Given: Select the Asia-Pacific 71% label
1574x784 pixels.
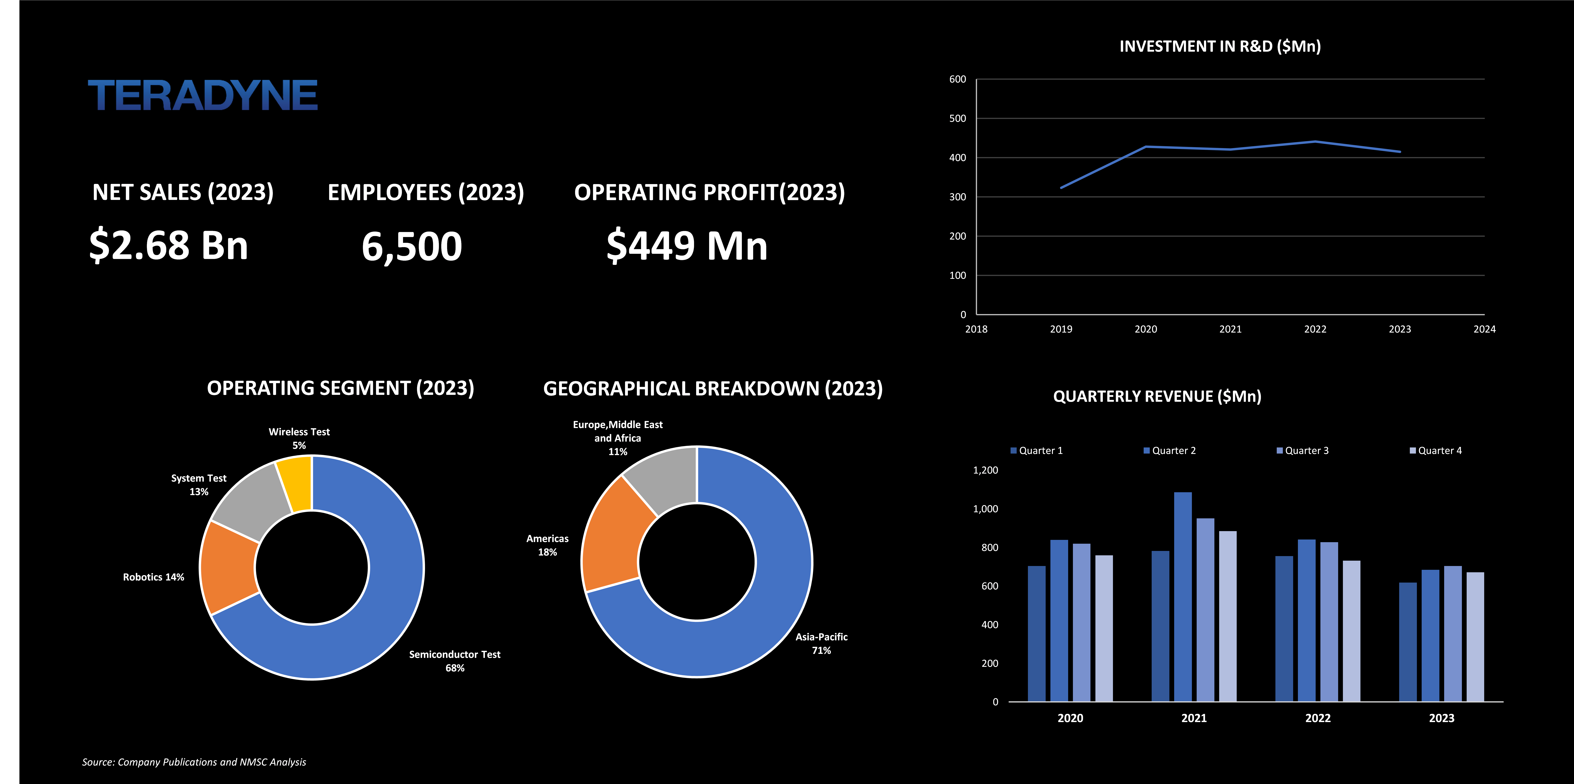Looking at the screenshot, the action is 821,644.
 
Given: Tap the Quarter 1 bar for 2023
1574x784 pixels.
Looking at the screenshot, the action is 1408,642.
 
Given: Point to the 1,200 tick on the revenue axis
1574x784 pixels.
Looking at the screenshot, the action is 985,470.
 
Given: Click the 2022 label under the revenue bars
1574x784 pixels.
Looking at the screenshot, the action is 1318,718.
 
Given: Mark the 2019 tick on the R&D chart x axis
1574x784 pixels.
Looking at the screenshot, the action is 1061,329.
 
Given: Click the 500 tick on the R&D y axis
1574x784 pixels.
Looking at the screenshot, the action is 958,119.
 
